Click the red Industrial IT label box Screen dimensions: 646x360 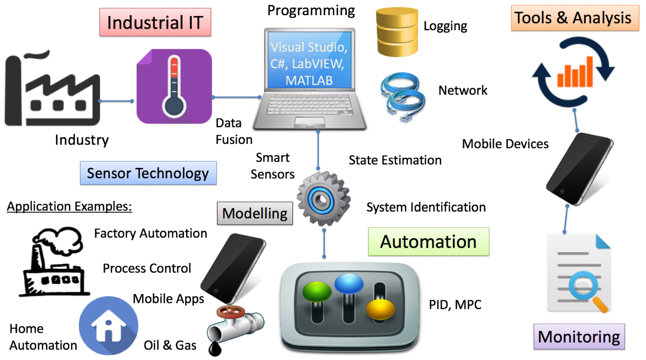155,22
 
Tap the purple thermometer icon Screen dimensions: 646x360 174,86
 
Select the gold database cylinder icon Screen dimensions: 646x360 397,32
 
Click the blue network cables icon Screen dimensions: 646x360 403,97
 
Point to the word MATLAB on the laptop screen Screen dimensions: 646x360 309,80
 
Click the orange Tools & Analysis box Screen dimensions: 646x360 575,18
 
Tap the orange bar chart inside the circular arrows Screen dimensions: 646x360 575,72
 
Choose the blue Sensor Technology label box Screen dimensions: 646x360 148,173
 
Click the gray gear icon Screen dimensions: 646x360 323,199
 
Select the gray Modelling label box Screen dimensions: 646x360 255,213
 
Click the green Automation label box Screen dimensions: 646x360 429,241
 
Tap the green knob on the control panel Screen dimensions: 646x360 317,292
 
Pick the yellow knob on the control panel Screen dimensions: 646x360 380,309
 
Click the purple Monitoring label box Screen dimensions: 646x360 579,337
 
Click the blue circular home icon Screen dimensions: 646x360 108,326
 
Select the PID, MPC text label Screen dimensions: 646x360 455,305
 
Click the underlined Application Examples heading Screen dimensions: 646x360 69,207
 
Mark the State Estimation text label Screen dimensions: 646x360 395,160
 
